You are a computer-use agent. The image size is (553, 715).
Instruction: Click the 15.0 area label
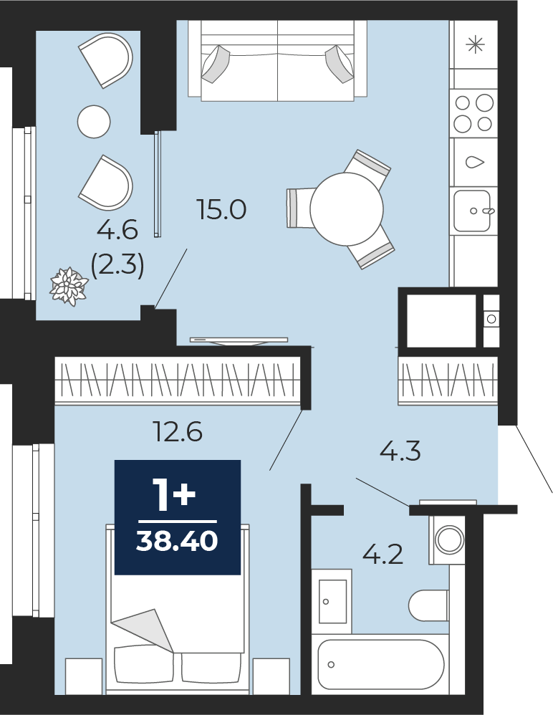(x=221, y=209)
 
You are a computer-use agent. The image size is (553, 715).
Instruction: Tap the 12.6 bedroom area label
(x=178, y=431)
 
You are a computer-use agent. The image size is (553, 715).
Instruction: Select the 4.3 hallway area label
(x=400, y=451)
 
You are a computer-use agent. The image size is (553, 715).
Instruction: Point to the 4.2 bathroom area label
(x=383, y=555)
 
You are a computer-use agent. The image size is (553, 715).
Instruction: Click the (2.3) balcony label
(x=117, y=264)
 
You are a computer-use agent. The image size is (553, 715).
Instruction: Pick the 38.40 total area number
(x=177, y=542)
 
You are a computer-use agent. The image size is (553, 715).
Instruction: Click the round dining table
(x=347, y=209)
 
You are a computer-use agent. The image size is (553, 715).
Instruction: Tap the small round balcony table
(x=94, y=121)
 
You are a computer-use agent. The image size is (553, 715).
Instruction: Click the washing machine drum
(x=450, y=539)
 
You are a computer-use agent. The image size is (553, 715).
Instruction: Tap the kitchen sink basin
(x=472, y=211)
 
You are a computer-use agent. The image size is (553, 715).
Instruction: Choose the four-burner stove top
(x=473, y=112)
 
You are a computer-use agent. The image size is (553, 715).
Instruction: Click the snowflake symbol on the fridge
(x=475, y=44)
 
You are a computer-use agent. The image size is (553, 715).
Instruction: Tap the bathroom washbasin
(x=332, y=602)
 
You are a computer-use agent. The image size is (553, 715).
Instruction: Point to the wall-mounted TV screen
(x=239, y=340)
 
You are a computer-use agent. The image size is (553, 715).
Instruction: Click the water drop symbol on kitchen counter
(x=475, y=161)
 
